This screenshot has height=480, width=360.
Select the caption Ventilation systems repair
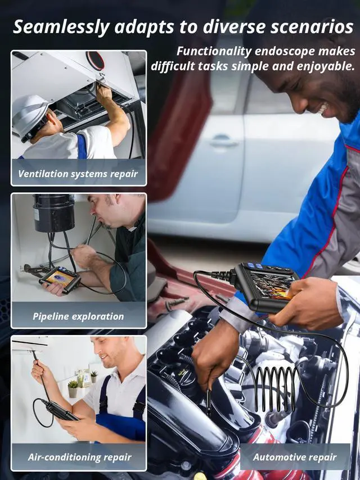[78, 174]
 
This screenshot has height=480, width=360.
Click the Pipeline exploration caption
[78, 316]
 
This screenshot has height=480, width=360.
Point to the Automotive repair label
[295, 457]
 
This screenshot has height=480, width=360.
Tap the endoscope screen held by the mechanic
[271, 286]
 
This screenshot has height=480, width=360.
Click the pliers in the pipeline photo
[34, 271]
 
